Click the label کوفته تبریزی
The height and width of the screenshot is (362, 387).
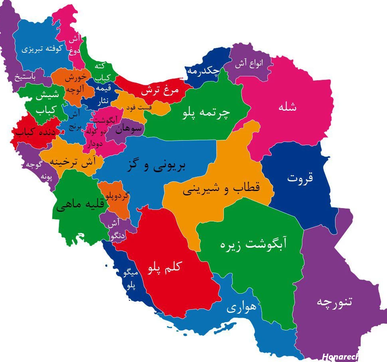tap(42, 49)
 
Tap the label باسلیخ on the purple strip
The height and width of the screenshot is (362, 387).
tap(25, 77)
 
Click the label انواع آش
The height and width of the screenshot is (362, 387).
tap(249, 64)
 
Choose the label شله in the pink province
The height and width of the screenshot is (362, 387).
tap(288, 107)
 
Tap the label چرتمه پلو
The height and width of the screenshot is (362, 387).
tap(206, 113)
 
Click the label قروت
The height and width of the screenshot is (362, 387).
tap(300, 178)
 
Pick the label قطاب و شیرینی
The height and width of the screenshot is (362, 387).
tap(221, 189)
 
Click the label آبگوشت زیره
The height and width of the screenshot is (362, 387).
tap(254, 244)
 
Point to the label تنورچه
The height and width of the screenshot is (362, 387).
tap(334, 302)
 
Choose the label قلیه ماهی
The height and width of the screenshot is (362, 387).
tap(80, 205)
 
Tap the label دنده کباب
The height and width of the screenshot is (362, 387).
tap(36, 131)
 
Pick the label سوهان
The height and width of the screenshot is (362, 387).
tap(129, 129)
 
